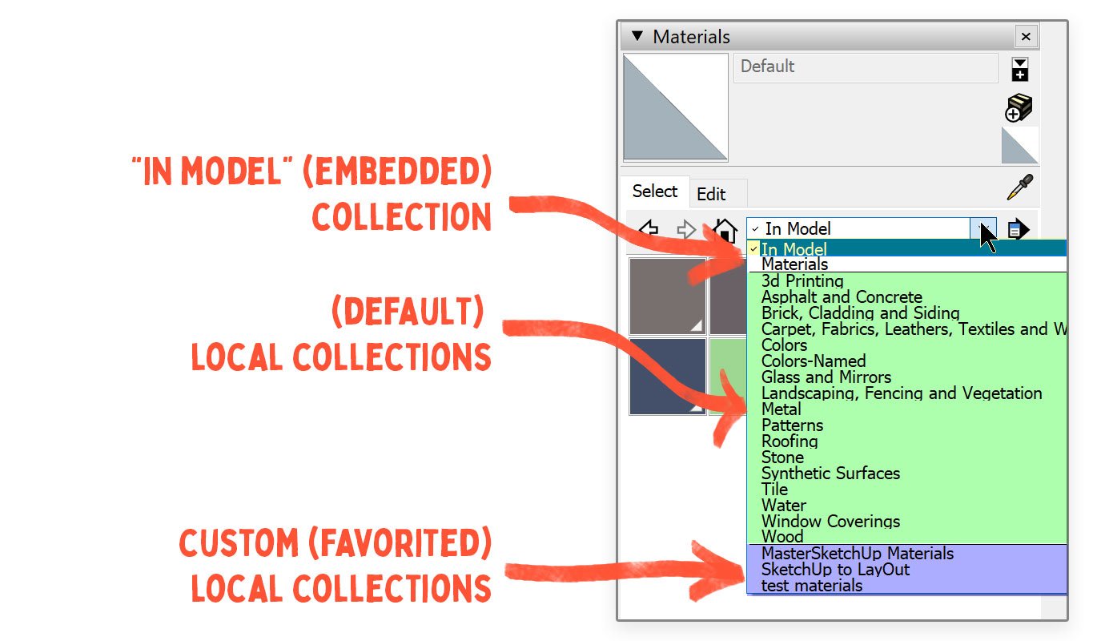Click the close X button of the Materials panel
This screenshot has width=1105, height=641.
pyautogui.click(x=1026, y=37)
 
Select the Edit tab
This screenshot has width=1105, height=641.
pyautogui.click(x=711, y=194)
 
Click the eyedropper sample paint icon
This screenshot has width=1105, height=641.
pyautogui.click(x=1019, y=187)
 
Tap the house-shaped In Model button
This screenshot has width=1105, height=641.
pyautogui.click(x=725, y=230)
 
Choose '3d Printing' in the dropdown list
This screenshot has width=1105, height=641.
pyautogui.click(x=802, y=281)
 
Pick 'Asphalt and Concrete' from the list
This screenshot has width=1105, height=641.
pyautogui.click(x=842, y=297)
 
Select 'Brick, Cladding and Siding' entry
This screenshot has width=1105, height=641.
pyautogui.click(x=860, y=313)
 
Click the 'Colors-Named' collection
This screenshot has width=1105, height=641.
pyautogui.click(x=814, y=361)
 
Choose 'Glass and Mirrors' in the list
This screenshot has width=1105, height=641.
pyautogui.click(x=826, y=377)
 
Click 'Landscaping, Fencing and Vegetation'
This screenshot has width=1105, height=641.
pyautogui.click(x=902, y=393)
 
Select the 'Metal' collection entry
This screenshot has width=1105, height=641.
pyautogui.click(x=782, y=409)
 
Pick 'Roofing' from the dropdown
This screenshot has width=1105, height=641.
pyautogui.click(x=790, y=441)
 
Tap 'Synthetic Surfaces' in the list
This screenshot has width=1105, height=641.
pyautogui.click(x=830, y=474)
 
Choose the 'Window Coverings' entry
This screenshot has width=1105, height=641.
pyautogui.click(x=830, y=522)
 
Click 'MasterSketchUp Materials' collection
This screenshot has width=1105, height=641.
pyautogui.click(x=858, y=554)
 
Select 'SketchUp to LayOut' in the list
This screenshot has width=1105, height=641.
pyautogui.click(x=835, y=570)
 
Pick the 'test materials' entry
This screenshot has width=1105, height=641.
pyautogui.click(x=812, y=586)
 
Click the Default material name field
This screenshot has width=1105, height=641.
pyautogui.click(x=865, y=67)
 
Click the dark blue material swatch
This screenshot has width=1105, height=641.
pyautogui.click(x=667, y=375)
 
